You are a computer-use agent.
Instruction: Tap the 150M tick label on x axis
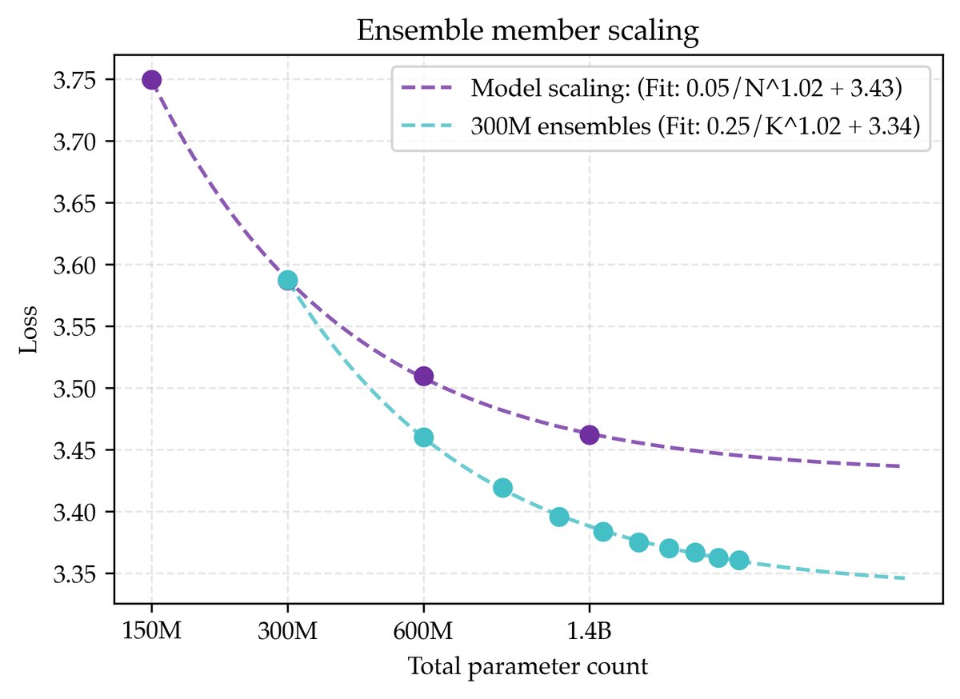[151, 632]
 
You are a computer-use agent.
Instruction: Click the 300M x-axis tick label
[287, 632]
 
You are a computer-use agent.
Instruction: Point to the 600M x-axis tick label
[423, 632]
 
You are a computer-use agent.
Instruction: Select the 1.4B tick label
[590, 632]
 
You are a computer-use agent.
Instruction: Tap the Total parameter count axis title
[528, 667]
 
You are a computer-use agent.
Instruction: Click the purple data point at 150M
[152, 79]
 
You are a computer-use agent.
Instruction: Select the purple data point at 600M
[424, 376]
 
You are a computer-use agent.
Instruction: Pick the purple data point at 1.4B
[590, 435]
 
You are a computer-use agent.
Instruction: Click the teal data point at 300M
[287, 280]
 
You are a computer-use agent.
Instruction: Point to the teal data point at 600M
[424, 437]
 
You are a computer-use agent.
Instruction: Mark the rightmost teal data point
[739, 560]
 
